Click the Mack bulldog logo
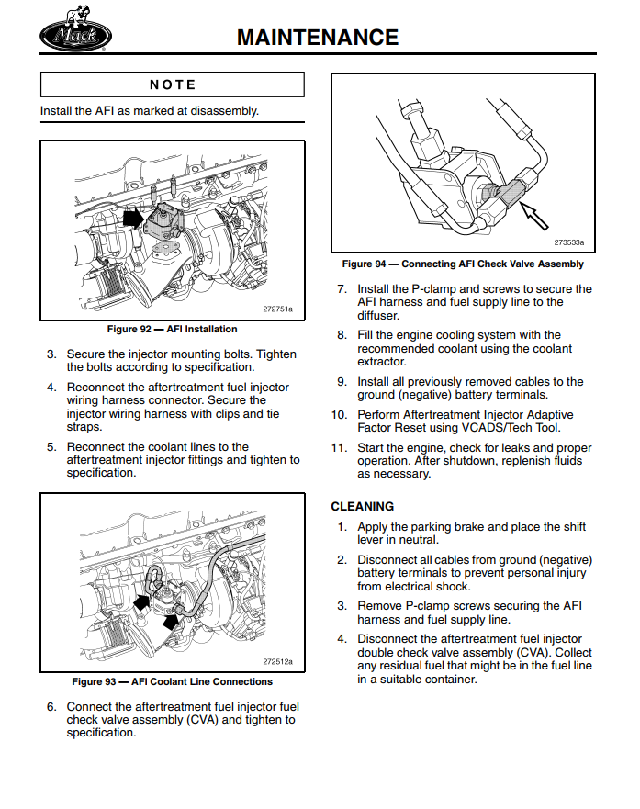[x=74, y=36]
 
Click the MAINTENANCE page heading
[x=318, y=37]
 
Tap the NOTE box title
[x=173, y=84]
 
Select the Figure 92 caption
[x=172, y=329]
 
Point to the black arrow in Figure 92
[x=134, y=219]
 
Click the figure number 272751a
[x=277, y=309]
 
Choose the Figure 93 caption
[x=172, y=681]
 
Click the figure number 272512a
[x=277, y=661]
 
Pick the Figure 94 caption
[x=463, y=264]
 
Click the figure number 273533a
[x=568, y=243]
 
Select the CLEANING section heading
[x=362, y=506]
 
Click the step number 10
[x=338, y=415]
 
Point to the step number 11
[x=338, y=448]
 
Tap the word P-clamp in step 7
[x=431, y=289]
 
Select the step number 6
[x=52, y=707]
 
